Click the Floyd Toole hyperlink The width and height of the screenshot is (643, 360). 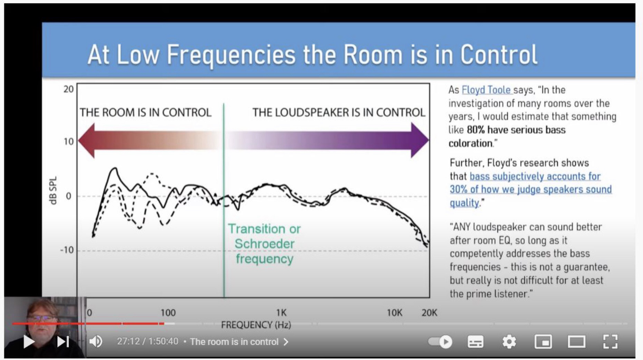coord(486,90)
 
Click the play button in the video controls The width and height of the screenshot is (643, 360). coord(29,342)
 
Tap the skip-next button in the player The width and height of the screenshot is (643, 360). coord(63,342)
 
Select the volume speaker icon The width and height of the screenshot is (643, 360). coord(96,342)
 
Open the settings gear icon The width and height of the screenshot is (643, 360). coord(509,342)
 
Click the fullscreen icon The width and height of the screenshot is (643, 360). coord(610,342)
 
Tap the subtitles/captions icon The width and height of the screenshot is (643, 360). coord(475,342)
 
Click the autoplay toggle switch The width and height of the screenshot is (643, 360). coord(440,342)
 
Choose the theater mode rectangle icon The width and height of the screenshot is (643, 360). coord(576,342)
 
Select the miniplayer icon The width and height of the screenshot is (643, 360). coord(543,342)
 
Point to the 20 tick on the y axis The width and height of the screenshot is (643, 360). coord(68,89)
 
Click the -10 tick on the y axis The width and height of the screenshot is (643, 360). coord(67,250)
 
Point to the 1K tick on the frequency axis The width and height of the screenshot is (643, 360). coord(281,313)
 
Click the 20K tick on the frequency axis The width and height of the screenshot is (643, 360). coord(429,313)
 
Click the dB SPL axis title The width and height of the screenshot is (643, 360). coord(53,191)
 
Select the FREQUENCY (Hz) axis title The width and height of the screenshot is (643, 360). coord(256,325)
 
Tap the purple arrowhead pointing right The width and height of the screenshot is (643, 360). coord(420,140)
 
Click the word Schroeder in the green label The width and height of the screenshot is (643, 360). coord(265,244)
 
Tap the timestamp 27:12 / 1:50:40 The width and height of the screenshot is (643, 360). coord(148,341)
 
